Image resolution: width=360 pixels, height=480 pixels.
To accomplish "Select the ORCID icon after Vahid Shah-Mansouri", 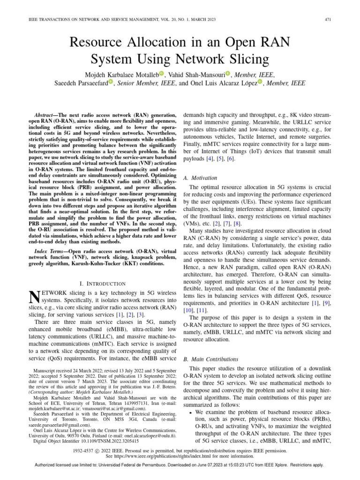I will point(228,74).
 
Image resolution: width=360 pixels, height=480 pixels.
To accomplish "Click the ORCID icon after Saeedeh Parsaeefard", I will point(111,83).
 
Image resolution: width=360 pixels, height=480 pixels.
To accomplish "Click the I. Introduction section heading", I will point(103,284).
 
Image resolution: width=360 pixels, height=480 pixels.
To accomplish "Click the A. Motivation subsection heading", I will point(200,178).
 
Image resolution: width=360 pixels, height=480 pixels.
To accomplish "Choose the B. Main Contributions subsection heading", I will point(210,360).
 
